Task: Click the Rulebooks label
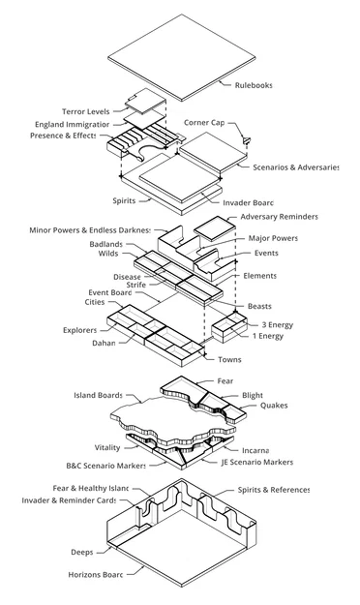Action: (254, 85)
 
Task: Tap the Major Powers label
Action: (273, 238)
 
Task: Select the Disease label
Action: (127, 276)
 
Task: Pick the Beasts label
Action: (259, 306)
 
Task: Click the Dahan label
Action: (103, 343)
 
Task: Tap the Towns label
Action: (229, 359)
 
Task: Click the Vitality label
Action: (107, 448)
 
